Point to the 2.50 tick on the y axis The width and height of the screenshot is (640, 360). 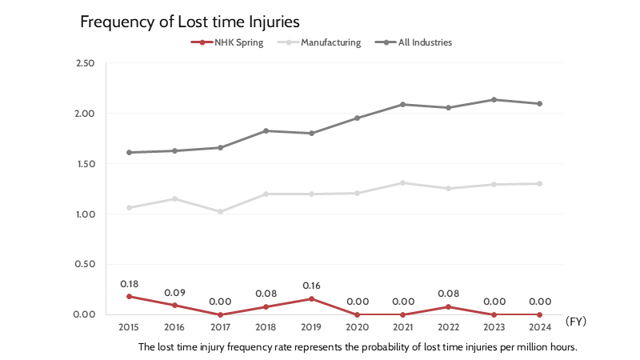[x=84, y=63]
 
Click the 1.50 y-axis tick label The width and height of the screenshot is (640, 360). [x=84, y=164]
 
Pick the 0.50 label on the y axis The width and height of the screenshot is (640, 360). [x=84, y=264]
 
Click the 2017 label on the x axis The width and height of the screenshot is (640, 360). [x=220, y=326]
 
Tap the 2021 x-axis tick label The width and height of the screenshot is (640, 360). [x=402, y=326]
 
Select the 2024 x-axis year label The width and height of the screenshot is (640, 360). [x=539, y=326]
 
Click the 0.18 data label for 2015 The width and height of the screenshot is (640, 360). [x=129, y=284]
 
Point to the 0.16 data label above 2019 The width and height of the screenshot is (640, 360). [x=311, y=286]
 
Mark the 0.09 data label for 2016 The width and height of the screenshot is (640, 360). [x=174, y=293]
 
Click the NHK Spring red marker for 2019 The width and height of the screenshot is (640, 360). [x=311, y=298]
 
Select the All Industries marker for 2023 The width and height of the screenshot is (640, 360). [x=494, y=100]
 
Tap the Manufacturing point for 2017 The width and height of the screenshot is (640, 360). [x=220, y=211]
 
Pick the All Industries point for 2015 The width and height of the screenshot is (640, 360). [x=129, y=152]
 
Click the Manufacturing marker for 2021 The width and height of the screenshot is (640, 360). [x=402, y=182]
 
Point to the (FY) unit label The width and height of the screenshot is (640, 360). [x=576, y=321]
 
